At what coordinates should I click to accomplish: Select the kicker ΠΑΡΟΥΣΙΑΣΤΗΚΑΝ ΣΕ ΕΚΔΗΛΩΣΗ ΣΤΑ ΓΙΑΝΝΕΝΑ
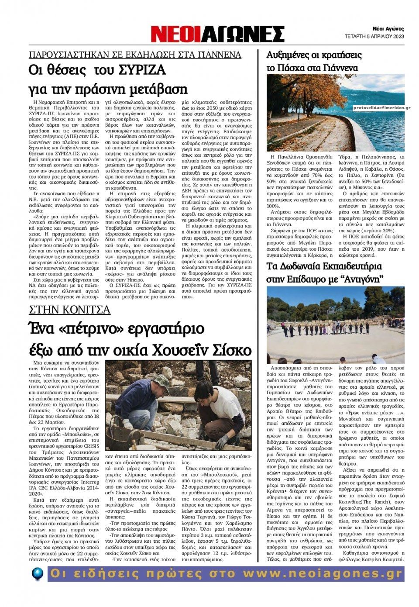pyautogui.click(x=135, y=55)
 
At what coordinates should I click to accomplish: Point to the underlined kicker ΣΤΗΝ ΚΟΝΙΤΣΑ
pyautogui.click(x=69, y=310)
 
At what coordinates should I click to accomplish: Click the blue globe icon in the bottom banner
pyautogui.click(x=38, y=573)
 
